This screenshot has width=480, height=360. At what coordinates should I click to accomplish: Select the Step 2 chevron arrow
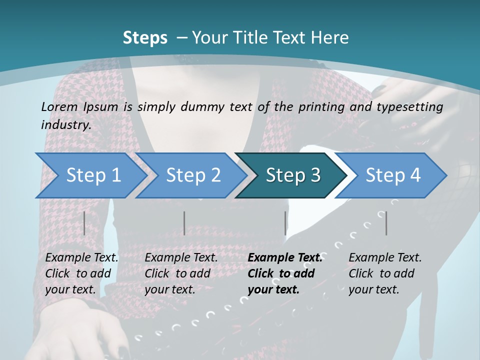pyautogui.click(x=192, y=175)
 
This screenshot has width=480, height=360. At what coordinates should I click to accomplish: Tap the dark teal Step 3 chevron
pyautogui.click(x=292, y=175)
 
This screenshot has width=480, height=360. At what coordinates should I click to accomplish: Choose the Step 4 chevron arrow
pyautogui.click(x=392, y=175)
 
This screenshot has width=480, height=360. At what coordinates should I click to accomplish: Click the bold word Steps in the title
pyautogui.click(x=145, y=38)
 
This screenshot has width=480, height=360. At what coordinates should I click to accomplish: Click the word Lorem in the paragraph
pyautogui.click(x=59, y=106)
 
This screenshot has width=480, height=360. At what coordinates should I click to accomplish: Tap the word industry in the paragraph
pyautogui.click(x=66, y=124)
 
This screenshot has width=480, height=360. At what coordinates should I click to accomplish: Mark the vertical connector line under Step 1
pyautogui.click(x=84, y=223)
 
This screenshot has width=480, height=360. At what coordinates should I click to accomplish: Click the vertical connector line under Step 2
pyautogui.click(x=184, y=223)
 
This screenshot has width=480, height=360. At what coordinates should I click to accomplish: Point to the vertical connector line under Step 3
pyautogui.click(x=285, y=223)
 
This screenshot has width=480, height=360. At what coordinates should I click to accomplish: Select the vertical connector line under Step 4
pyautogui.click(x=386, y=223)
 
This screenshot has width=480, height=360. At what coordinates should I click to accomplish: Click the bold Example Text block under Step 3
pyautogui.click(x=284, y=273)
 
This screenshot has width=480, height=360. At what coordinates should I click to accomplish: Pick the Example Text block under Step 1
pyautogui.click(x=81, y=273)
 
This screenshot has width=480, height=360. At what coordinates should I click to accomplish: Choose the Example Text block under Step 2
pyautogui.click(x=181, y=273)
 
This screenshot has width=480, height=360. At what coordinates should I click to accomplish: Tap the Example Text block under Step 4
pyautogui.click(x=385, y=273)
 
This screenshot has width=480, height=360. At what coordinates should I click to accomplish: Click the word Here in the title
pyautogui.click(x=329, y=38)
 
